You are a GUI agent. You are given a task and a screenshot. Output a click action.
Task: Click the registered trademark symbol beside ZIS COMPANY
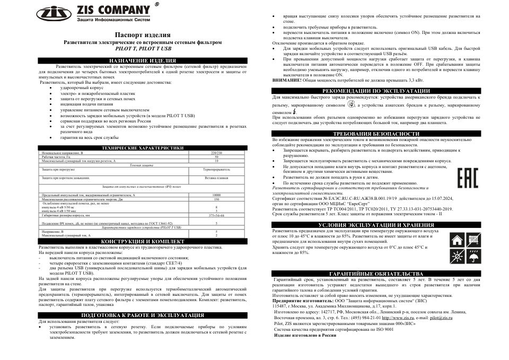point(155,4)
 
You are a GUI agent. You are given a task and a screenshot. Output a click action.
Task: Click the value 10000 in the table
point(216,196)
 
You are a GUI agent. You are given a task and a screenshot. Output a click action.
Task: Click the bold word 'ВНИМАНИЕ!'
point(287,79)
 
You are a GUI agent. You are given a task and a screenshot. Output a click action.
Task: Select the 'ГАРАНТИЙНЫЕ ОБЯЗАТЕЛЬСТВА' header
point(376,273)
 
